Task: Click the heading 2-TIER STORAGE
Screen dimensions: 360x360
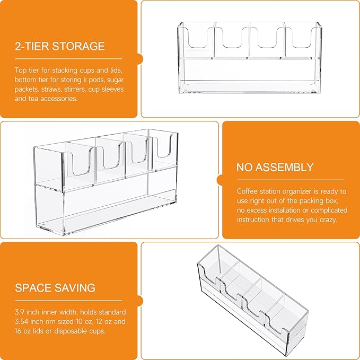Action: (x=60, y=46)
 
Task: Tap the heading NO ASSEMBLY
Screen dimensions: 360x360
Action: (x=275, y=167)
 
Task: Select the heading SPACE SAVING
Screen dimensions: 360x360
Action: (x=55, y=288)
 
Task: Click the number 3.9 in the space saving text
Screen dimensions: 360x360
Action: (x=20, y=312)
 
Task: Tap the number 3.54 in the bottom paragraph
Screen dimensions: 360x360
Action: (x=22, y=321)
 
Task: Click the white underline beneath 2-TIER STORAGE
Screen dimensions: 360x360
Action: (x=68, y=59)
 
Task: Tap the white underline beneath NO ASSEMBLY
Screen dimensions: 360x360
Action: (x=291, y=180)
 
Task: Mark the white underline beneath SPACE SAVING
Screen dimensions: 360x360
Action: (x=68, y=301)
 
